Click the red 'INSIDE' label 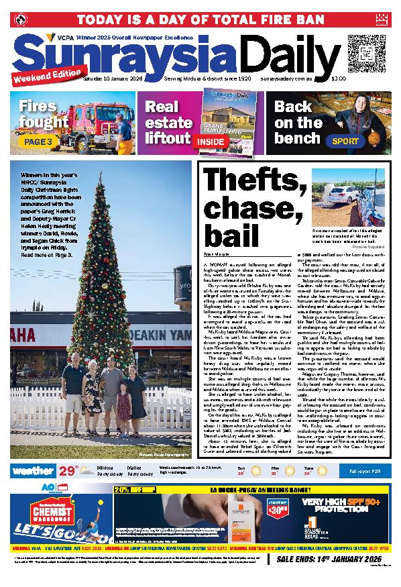211,142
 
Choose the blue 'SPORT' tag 345,142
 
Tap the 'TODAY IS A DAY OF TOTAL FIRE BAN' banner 200,18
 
